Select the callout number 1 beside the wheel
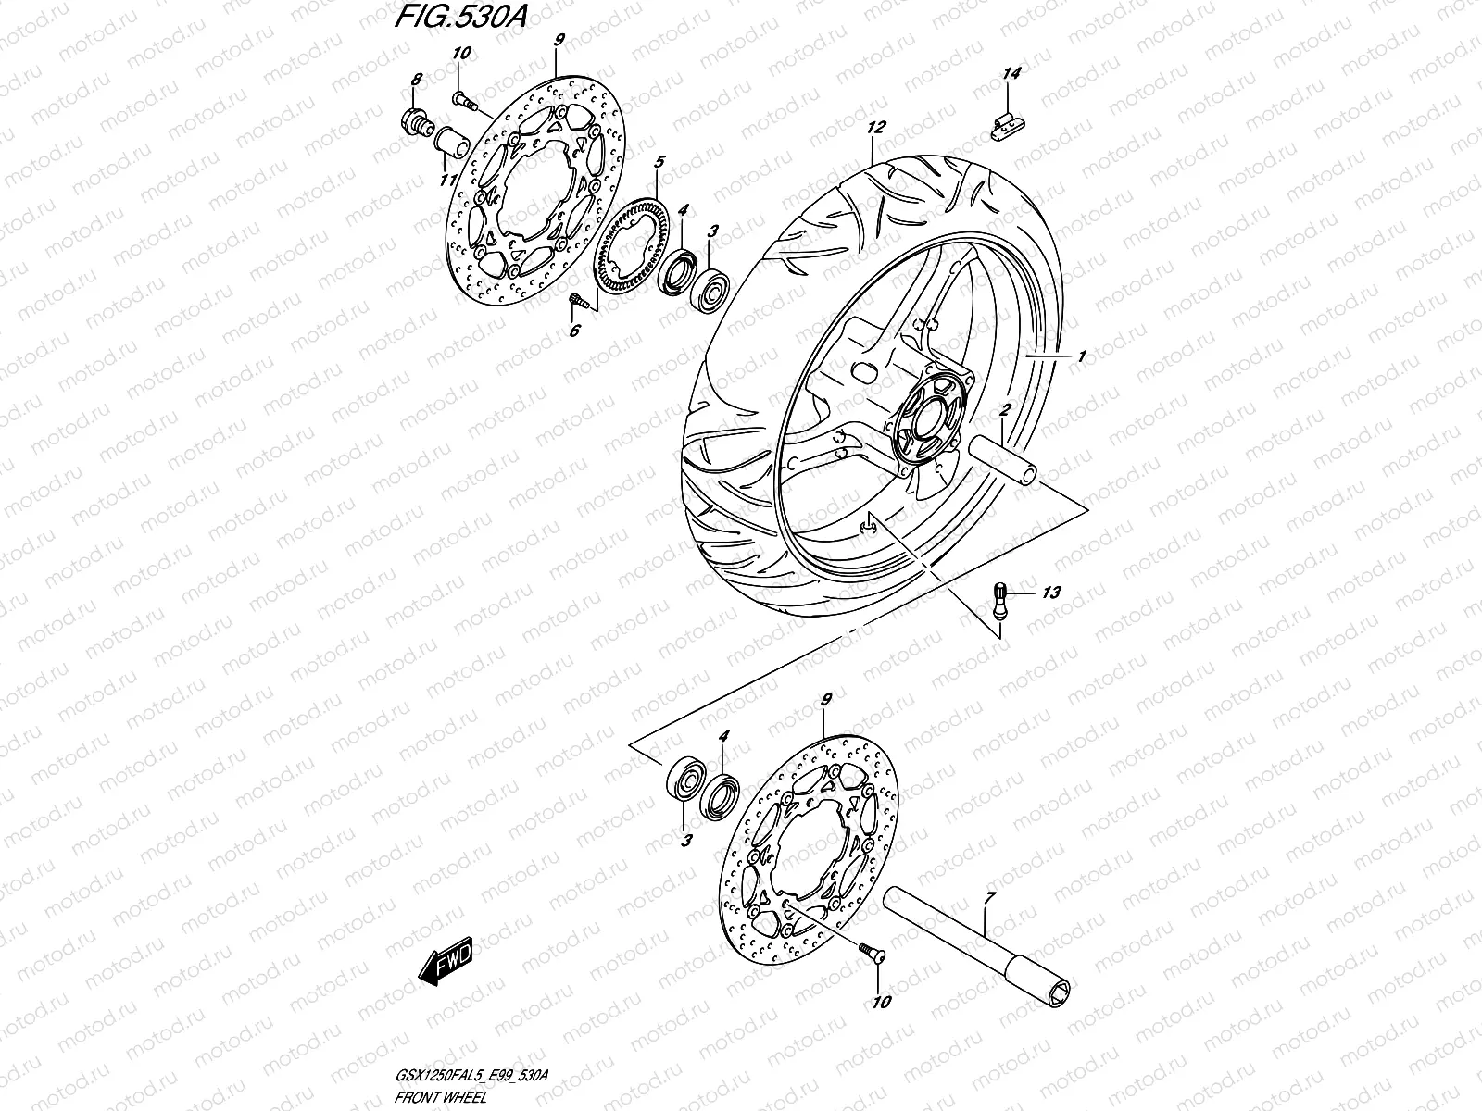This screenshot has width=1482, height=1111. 1079,355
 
